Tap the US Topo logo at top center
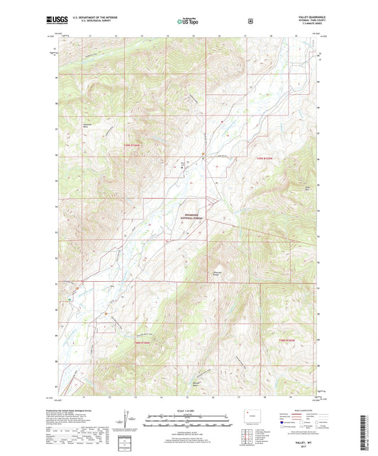[x=188, y=21]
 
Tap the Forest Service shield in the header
[x=250, y=21]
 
